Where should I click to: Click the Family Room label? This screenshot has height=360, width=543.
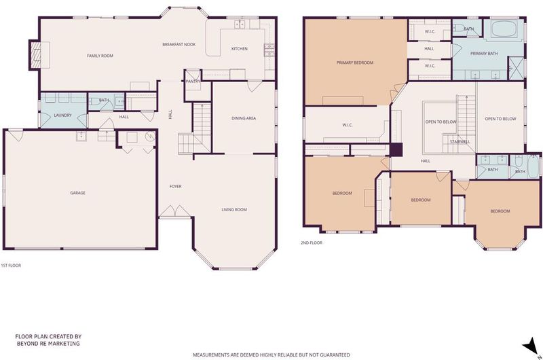pos(100,56)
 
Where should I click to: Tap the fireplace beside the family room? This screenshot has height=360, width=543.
pos(36,55)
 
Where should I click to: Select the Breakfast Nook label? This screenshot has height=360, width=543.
pos(179,44)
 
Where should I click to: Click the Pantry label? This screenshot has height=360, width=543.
pos(193,82)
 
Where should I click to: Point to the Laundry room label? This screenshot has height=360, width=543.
pos(62,115)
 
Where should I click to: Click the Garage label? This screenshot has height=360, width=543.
pos(77,193)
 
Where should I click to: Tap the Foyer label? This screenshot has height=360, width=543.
pos(175,186)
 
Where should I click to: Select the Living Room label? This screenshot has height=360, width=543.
pos(234,210)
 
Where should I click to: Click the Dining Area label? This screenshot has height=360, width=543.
pos(244,118)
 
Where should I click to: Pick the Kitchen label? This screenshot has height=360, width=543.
pos(240,49)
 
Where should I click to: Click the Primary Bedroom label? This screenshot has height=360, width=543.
pos(355,62)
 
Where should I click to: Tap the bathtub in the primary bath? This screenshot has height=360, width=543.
pos(504,29)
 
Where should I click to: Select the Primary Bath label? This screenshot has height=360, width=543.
pos(484,54)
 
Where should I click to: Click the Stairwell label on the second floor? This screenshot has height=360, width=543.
pos(460,142)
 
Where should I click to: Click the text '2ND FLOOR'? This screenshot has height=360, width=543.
pos(312,243)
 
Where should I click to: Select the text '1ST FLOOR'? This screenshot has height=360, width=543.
pos(11,266)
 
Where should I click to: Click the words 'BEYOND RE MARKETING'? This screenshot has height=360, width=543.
pos(48,344)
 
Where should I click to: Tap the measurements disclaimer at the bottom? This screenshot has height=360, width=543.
pos(271,355)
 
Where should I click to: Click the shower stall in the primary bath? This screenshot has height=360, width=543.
pos(516,68)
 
